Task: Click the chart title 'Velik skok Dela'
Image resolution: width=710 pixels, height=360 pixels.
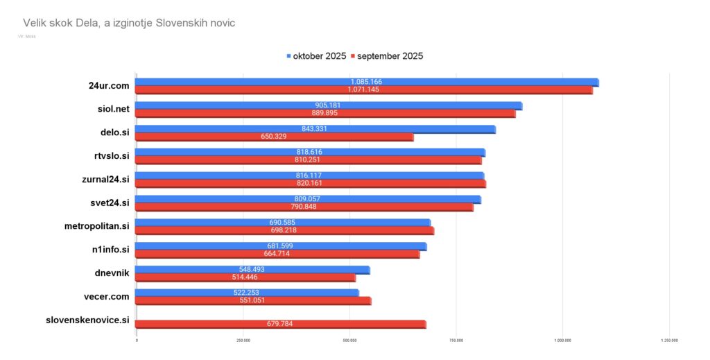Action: (129, 23)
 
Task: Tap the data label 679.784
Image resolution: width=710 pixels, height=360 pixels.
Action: (281, 324)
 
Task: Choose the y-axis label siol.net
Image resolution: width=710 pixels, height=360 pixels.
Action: (113, 109)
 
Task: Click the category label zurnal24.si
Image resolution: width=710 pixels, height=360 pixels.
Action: (105, 179)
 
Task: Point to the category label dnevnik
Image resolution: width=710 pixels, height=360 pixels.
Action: (112, 273)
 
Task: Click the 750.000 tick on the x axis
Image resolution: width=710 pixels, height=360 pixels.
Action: (456, 341)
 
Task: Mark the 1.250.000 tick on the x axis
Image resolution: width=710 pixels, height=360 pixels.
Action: (669, 341)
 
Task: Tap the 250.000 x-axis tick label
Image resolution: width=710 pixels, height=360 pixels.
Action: (243, 341)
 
